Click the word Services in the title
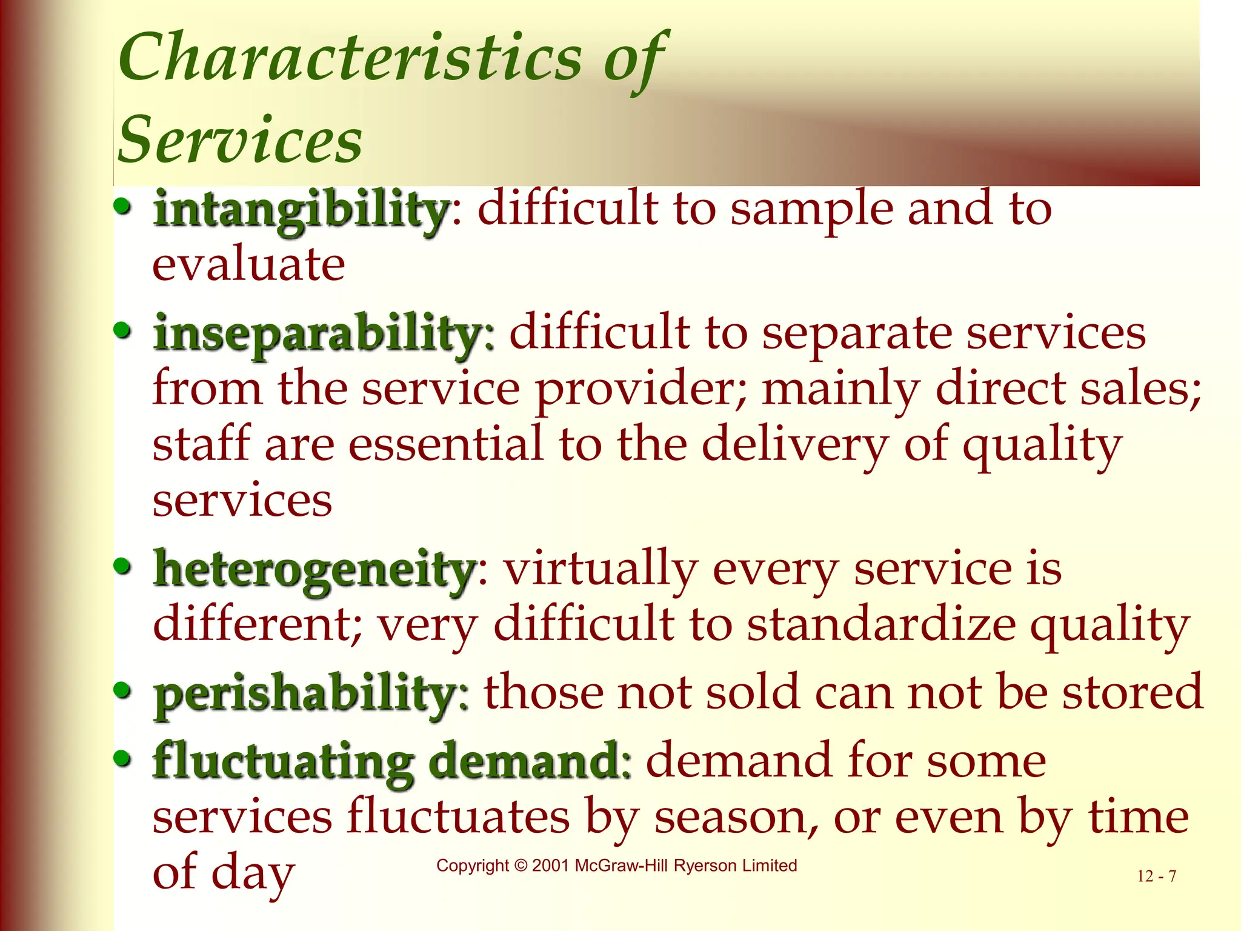click(x=240, y=141)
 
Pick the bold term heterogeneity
click(x=314, y=570)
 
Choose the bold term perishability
click(x=305, y=693)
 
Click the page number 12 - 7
click(x=1156, y=876)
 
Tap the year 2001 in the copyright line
click(x=550, y=866)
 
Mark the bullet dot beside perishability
click(x=122, y=690)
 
